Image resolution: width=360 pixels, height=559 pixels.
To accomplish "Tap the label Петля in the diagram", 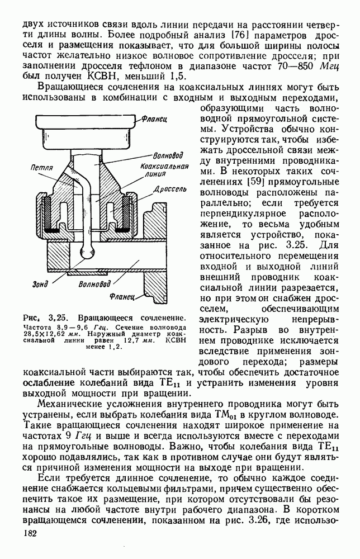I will (x=42, y=168).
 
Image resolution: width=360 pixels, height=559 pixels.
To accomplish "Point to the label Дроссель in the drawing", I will (x=166, y=190).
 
